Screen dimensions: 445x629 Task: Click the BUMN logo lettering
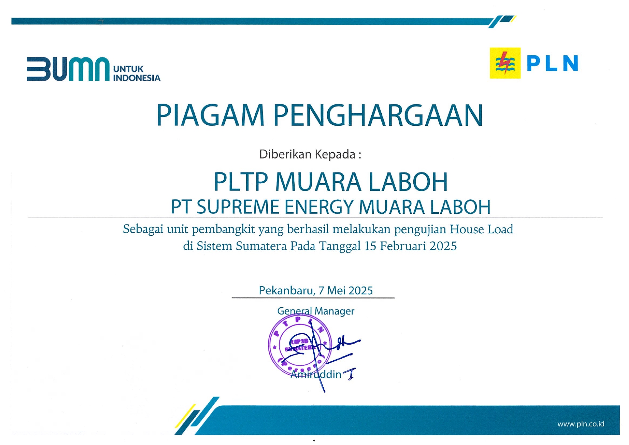pos(68,69)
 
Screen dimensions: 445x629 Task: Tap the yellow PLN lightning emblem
pos(505,63)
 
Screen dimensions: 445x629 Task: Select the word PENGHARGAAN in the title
pos(378,115)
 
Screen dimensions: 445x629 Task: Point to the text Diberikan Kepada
pos(310,154)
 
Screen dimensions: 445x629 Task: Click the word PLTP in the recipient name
pos(240,182)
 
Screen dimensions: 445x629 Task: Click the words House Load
pos(481,229)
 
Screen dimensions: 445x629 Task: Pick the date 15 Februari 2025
pos(411,246)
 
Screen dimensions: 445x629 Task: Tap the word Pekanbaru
pos(285,290)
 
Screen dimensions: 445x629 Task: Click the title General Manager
pos(315,311)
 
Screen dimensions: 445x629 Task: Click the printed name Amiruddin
pos(316,374)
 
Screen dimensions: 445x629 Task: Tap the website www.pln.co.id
pos(581,424)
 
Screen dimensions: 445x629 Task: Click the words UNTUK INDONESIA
pos(137,74)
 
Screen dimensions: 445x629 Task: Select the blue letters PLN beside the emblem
pos(552,63)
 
